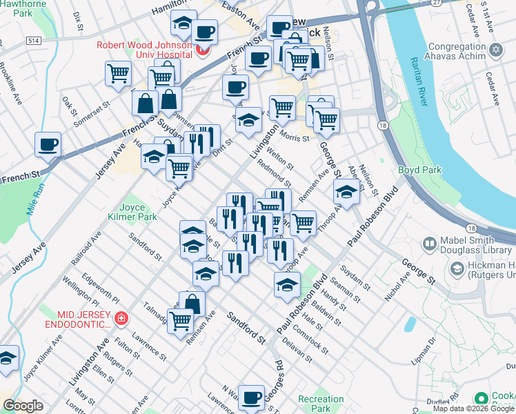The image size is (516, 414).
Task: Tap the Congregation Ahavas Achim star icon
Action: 495,50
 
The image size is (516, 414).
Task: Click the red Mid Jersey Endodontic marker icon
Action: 121,318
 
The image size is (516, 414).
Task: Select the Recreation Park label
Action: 321,404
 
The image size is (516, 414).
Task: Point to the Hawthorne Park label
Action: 26,8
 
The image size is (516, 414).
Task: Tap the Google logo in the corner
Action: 23,406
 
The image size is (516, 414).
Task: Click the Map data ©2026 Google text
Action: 473,408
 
